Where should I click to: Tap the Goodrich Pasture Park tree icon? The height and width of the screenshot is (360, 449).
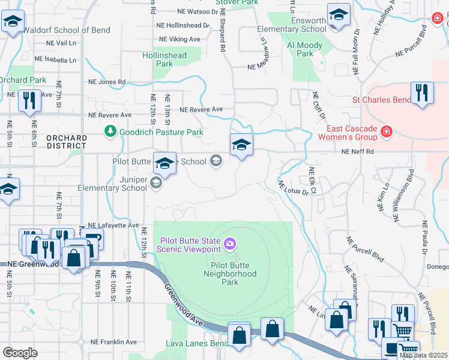click(110, 131)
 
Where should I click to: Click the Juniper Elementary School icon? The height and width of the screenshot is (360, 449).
click(156, 184)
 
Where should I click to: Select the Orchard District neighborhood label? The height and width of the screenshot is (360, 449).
click(66, 142)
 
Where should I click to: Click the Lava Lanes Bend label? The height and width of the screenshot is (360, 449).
click(196, 344)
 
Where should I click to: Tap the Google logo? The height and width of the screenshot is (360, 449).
click(20, 353)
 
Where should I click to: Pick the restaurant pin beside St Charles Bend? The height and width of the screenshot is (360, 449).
click(422, 93)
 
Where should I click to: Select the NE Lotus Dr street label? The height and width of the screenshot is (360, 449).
click(294, 189)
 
